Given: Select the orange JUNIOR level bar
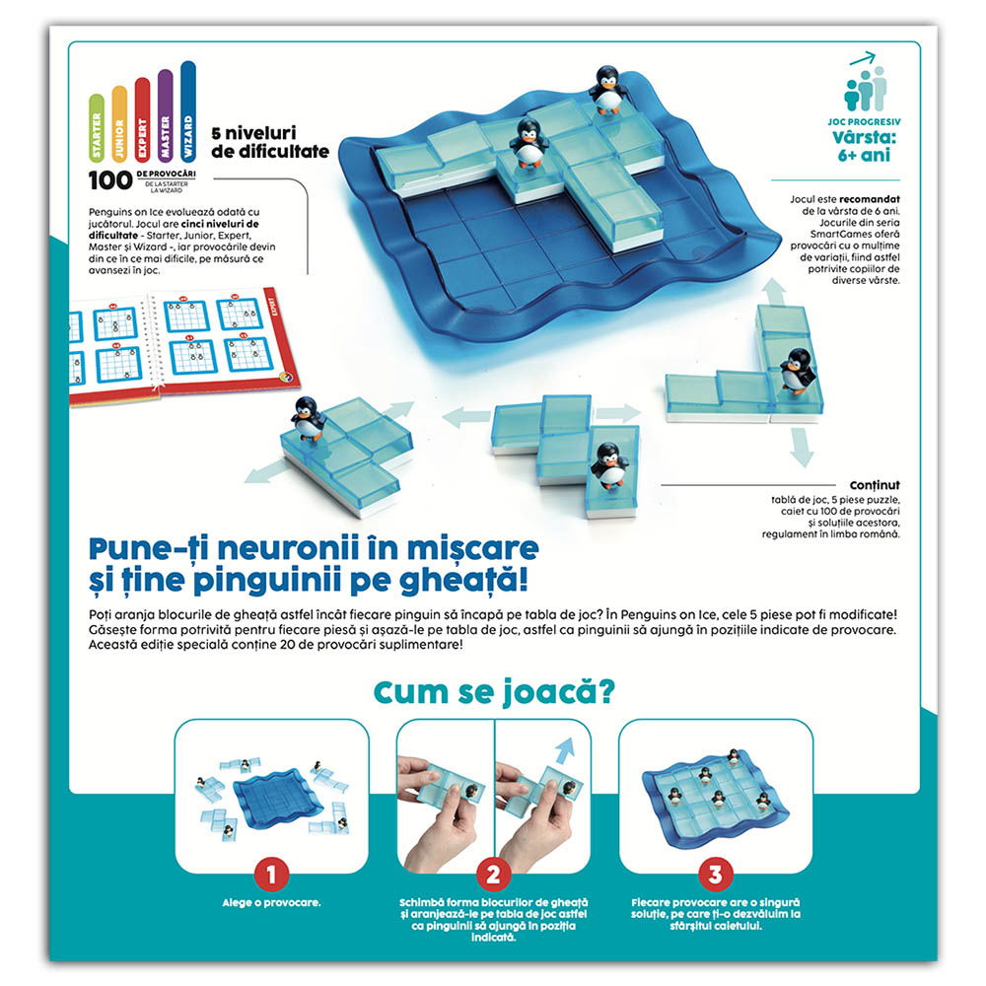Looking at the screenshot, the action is point(119,124).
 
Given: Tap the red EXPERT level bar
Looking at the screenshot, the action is point(142,119).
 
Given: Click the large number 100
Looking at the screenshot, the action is point(110,180).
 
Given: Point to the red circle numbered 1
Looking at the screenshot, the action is point(272,874).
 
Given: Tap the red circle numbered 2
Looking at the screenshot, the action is point(493,874).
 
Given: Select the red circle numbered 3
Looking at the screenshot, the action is point(715,874).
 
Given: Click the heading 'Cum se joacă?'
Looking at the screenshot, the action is point(494,692).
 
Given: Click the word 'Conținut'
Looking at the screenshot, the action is point(875,485).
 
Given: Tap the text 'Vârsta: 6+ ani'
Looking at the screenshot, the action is point(864,146).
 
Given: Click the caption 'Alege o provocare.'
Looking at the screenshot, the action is point(272,902).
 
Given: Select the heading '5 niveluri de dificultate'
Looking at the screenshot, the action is point(270,142).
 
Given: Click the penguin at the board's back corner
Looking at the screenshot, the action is point(607,90).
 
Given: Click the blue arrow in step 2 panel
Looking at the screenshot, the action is point(564,750).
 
